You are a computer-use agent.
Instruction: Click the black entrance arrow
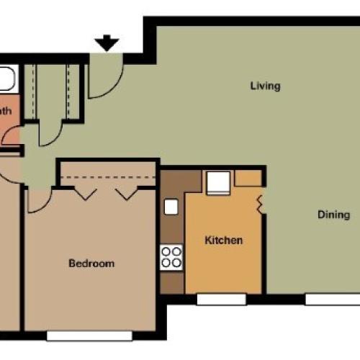[x=107, y=44]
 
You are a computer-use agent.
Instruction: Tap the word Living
[x=265, y=86]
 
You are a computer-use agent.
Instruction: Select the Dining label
[x=333, y=215]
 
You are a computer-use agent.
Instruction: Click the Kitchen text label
[x=223, y=240]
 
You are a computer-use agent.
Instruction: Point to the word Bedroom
[x=91, y=264]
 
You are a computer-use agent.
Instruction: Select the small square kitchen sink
[x=171, y=207]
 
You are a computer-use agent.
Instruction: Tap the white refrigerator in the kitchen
[x=218, y=184]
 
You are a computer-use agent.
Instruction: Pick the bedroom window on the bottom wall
[x=89, y=336]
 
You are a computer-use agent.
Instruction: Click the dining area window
[x=330, y=299]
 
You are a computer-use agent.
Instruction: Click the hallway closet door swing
[x=50, y=133]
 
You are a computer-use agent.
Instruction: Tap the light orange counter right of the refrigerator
[x=248, y=178]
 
